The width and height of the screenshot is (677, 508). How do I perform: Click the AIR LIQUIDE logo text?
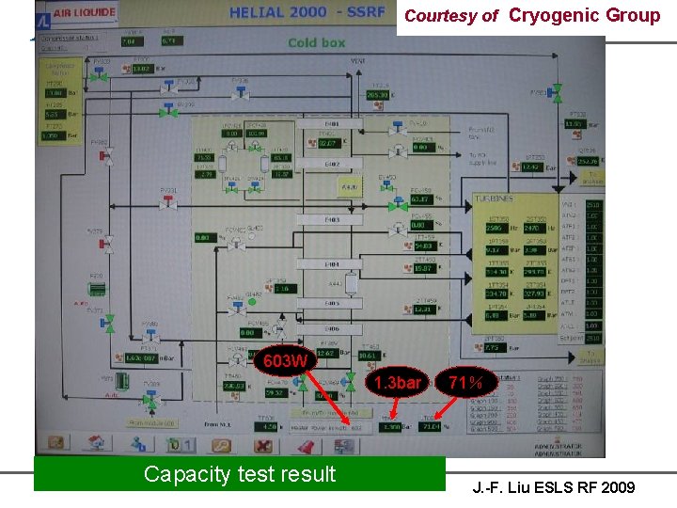click(86, 12)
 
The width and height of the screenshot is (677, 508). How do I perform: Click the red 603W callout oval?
click(284, 360)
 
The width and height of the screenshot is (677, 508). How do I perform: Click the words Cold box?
click(316, 42)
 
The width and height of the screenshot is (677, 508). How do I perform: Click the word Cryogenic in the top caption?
click(555, 15)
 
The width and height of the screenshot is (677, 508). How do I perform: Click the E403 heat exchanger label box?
click(332, 219)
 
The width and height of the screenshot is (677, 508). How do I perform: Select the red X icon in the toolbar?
click(265, 444)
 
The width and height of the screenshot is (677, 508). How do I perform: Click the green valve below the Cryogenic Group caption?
click(557, 91)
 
